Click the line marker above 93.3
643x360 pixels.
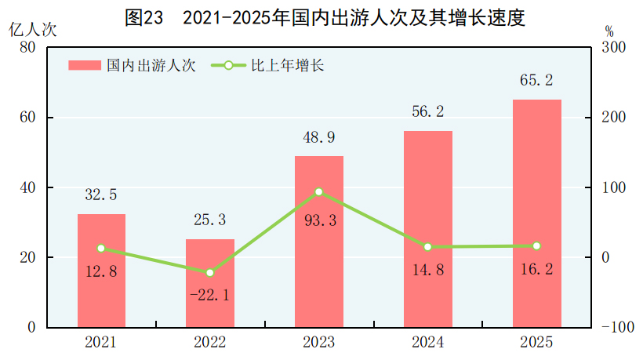click(x=319, y=191)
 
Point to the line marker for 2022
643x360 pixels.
click(x=210, y=273)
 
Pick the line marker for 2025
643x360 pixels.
click(x=537, y=246)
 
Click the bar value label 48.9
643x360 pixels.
click(x=319, y=138)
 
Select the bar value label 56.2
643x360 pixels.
click(x=428, y=112)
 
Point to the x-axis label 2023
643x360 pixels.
click(x=319, y=343)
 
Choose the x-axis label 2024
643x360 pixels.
click(x=428, y=343)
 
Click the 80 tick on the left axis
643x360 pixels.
click(x=29, y=48)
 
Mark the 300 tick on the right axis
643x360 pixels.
click(x=614, y=48)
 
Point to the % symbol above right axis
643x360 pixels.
click(x=610, y=31)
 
